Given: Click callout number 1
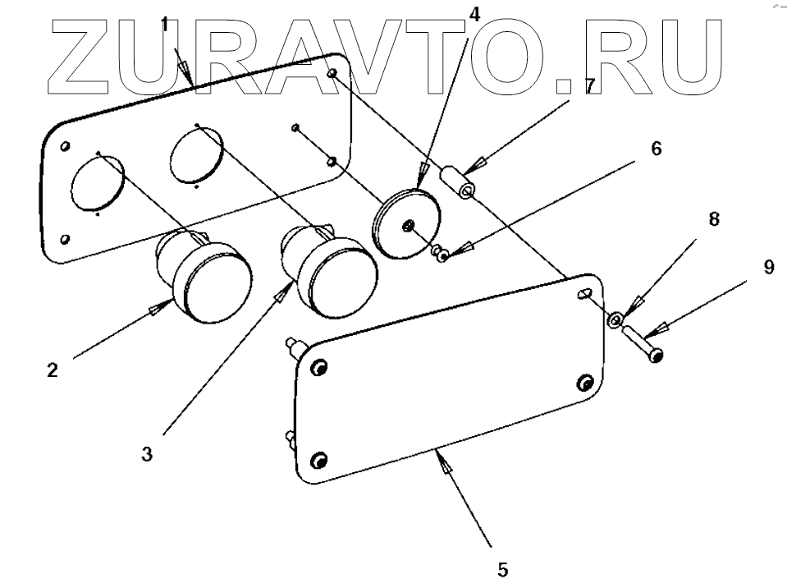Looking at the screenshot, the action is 165,24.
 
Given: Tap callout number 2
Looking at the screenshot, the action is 52,370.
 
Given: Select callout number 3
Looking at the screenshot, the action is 146,453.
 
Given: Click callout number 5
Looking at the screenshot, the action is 502,568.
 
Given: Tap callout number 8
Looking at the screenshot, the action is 714,219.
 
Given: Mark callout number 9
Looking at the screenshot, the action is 768,268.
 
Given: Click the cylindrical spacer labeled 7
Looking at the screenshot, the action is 460,182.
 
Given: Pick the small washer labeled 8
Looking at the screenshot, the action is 615,317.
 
